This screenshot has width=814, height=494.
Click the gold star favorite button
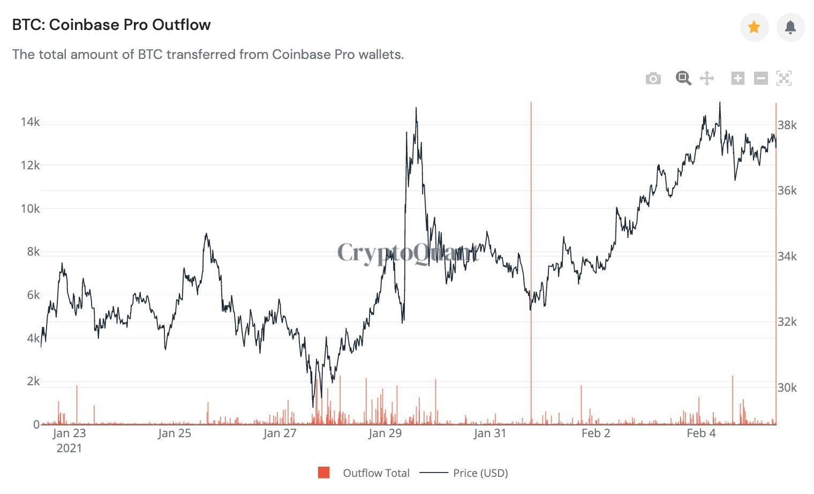[754, 27]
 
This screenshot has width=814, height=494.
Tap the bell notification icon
[790, 27]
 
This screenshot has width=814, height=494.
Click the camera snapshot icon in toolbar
[653, 79]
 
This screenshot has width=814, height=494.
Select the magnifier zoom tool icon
[683, 78]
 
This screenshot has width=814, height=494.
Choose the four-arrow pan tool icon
[707, 78]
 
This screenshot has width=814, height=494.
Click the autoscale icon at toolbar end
[783, 78]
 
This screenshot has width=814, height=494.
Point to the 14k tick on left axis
[30, 122]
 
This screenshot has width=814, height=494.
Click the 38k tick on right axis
[787, 125]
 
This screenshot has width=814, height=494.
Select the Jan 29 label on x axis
[385, 433]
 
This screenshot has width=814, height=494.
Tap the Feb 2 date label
[596, 433]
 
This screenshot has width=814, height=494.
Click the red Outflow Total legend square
[323, 473]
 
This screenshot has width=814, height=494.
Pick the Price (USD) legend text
[480, 473]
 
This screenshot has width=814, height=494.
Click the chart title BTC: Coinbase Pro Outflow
[111, 25]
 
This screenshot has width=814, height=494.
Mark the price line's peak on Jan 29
[416, 108]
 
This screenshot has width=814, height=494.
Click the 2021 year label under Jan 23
[69, 448]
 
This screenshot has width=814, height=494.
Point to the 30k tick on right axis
[787, 387]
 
